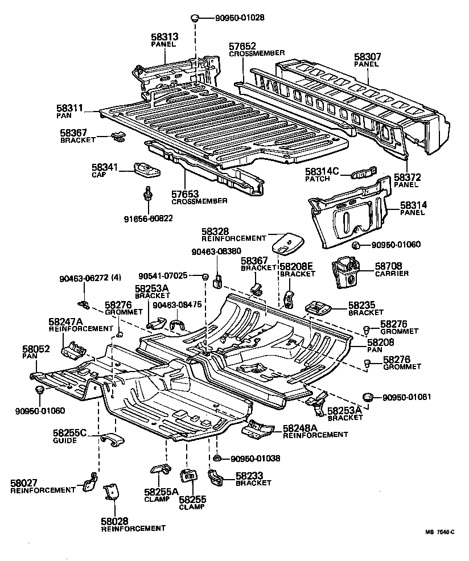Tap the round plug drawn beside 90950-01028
point(196,18)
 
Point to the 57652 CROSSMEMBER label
point(257,49)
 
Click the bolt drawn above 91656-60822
point(147,195)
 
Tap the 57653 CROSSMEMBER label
point(199,197)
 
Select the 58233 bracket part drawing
point(216,477)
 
